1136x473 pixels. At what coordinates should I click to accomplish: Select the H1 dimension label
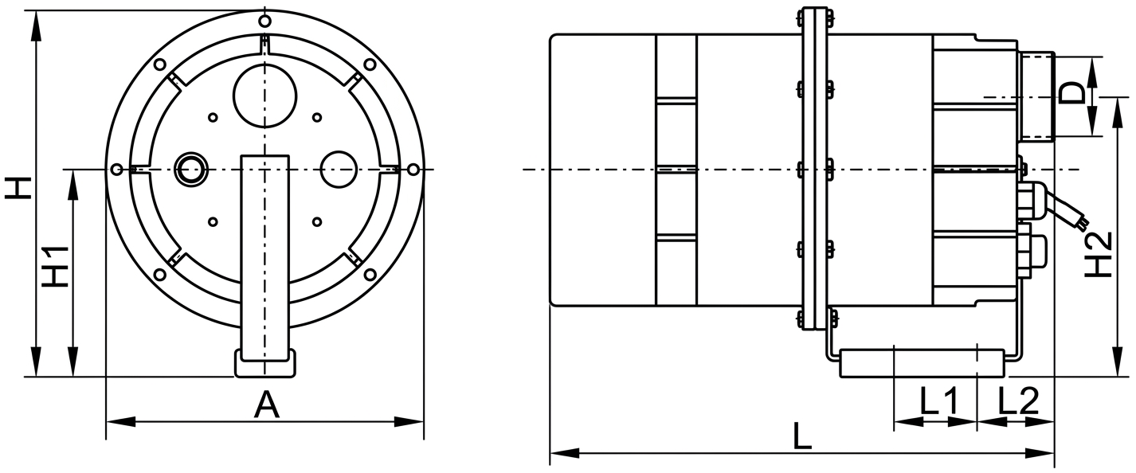point(55,265)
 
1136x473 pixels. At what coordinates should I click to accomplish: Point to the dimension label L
point(802,437)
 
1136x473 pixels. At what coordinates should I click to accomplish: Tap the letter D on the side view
point(1073,94)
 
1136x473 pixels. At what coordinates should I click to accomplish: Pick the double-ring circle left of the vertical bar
point(191,169)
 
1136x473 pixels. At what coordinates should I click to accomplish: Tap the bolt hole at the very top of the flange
point(265,21)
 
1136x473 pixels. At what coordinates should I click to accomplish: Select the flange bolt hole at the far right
point(413,169)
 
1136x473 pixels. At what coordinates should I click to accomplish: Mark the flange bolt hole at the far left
point(118,169)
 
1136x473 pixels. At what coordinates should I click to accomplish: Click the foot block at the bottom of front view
point(265,363)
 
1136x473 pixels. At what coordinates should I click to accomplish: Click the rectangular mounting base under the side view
point(923,362)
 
